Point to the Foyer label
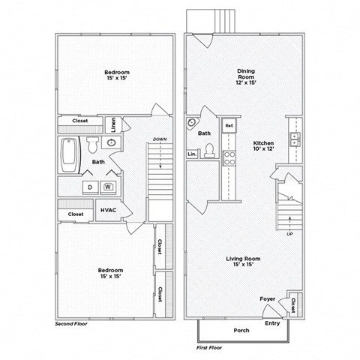click(x=267, y=298)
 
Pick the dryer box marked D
click(x=89, y=187)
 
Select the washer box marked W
click(x=108, y=187)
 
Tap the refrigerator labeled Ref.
click(x=229, y=126)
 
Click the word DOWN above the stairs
click(x=159, y=139)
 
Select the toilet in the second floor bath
click(x=92, y=142)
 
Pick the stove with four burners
click(x=230, y=158)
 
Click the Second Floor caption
click(x=73, y=325)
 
